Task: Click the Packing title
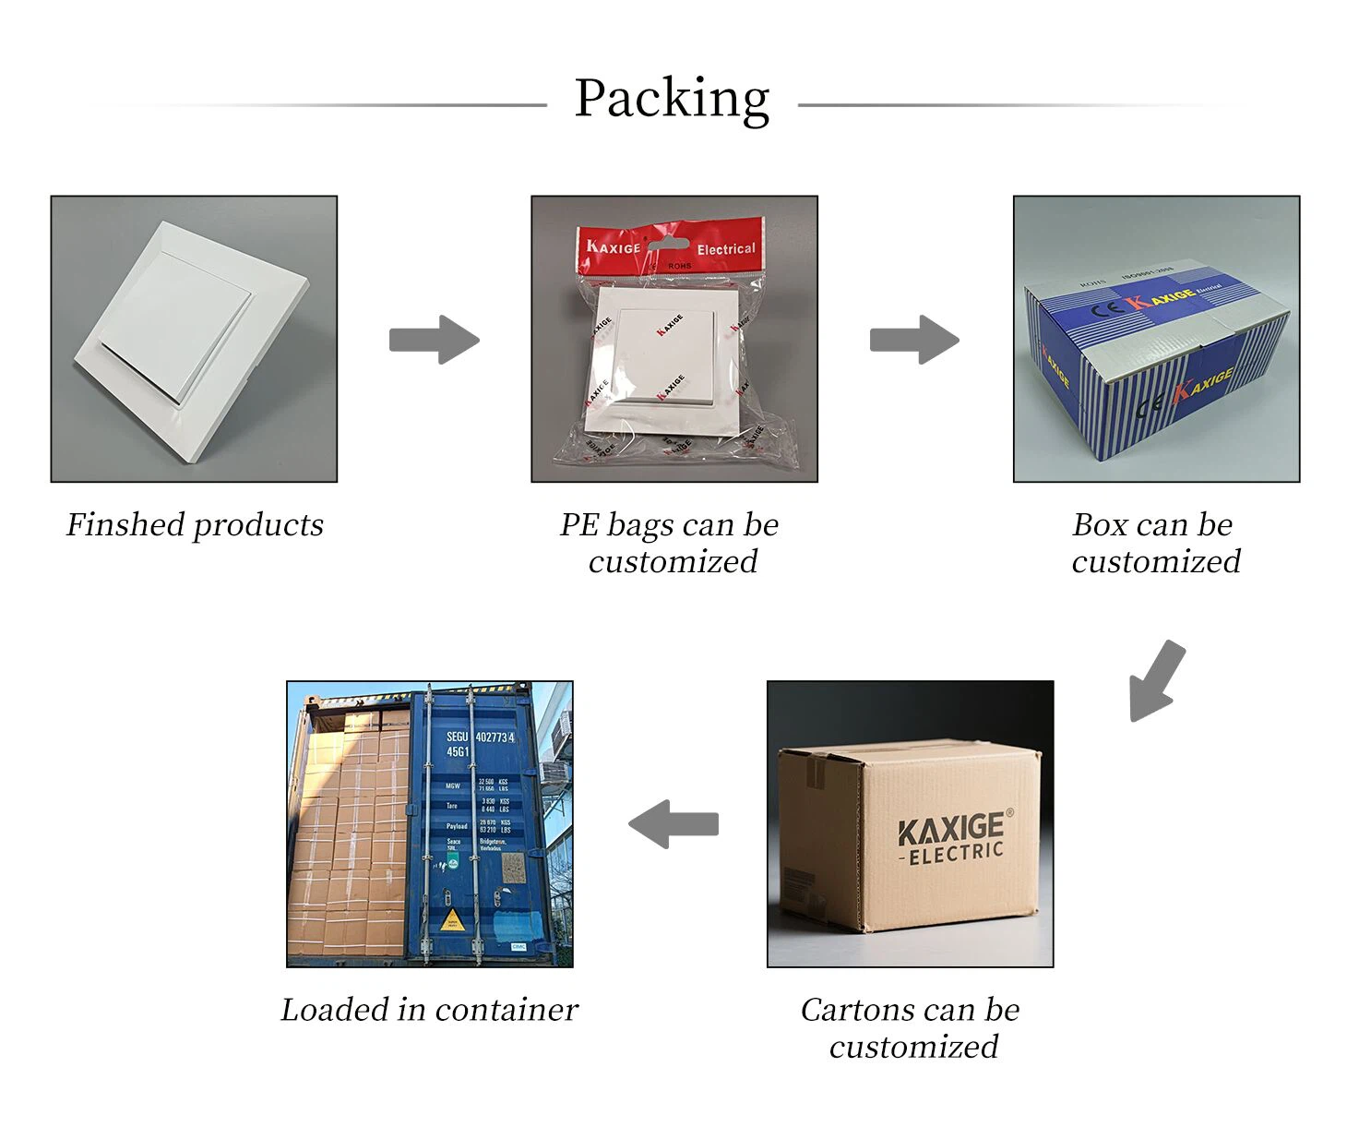[672, 98]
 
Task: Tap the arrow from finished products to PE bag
[434, 340]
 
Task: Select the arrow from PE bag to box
[914, 340]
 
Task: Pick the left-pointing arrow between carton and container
[673, 823]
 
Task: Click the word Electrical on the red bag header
[725, 249]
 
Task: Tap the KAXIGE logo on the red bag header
[613, 246]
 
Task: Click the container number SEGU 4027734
[480, 737]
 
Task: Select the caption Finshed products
[195, 524]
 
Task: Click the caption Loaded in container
[429, 1010]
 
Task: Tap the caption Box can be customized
[1155, 543]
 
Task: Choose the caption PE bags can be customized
[671, 543]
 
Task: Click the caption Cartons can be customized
[911, 1028]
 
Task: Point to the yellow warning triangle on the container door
[452, 918]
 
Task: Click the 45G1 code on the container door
[459, 752]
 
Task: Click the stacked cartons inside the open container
[351, 831]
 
